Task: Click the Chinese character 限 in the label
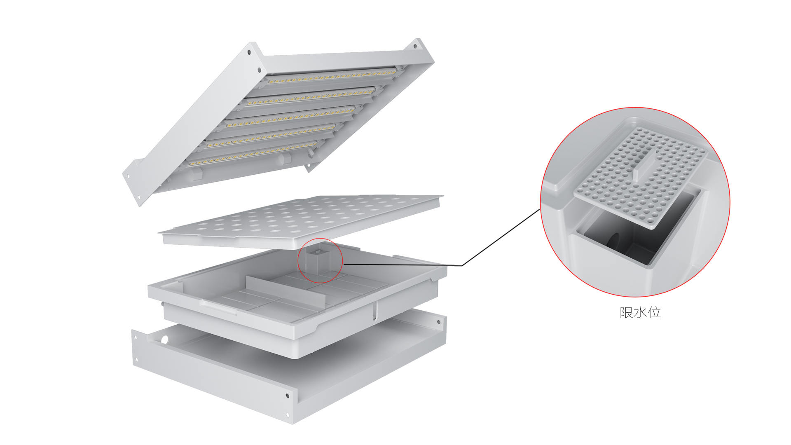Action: click(626, 312)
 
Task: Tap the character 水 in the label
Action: click(640, 312)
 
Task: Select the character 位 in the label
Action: click(654, 312)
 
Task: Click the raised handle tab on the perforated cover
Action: click(644, 165)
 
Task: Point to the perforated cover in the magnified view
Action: click(641, 177)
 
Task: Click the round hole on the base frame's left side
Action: click(165, 340)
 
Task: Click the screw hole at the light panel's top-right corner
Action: click(415, 47)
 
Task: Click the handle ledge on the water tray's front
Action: click(218, 307)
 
